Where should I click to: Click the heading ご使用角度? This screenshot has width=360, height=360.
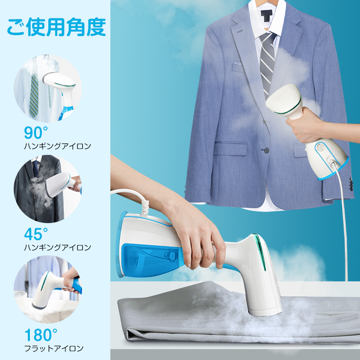click(x=56, y=27)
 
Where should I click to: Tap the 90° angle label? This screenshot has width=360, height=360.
click(x=36, y=133)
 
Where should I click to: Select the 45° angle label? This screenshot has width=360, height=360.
click(x=36, y=234)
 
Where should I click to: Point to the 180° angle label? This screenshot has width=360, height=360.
click(x=41, y=335)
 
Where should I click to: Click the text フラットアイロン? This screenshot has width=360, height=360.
click(x=54, y=349)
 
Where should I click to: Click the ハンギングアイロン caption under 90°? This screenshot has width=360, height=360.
click(x=58, y=146)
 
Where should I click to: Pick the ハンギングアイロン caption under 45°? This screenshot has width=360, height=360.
click(x=58, y=247)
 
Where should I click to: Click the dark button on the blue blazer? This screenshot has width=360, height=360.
click(x=266, y=151)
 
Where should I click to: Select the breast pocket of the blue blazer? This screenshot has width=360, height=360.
click(x=237, y=67)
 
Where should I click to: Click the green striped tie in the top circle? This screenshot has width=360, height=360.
click(x=34, y=87)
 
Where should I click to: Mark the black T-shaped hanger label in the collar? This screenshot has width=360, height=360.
click(x=267, y=15)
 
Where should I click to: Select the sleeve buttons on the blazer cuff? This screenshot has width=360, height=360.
click(x=351, y=184)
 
